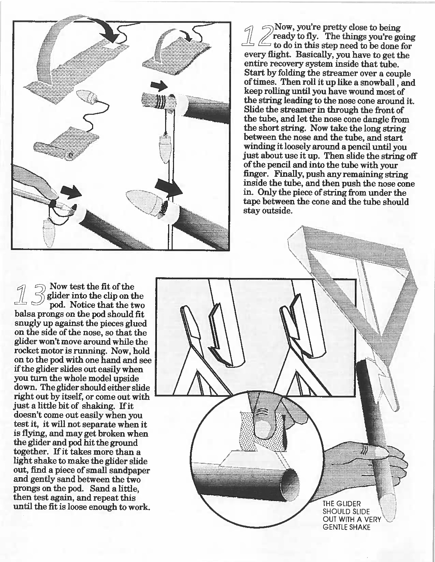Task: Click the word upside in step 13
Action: (x=127, y=378)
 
